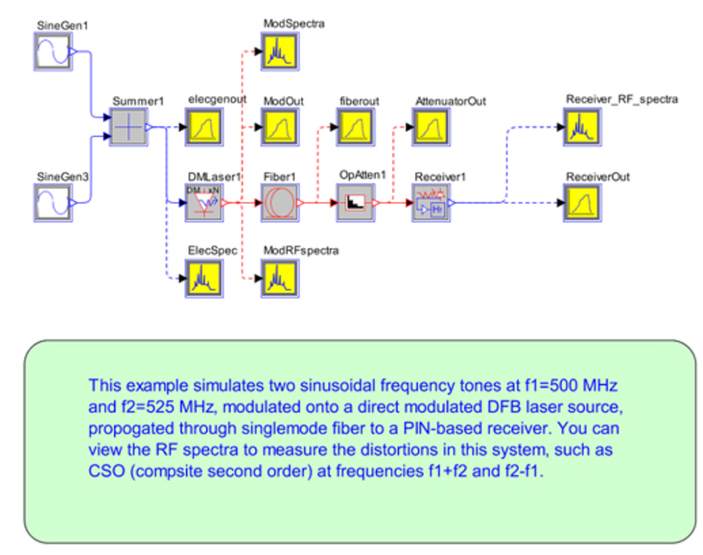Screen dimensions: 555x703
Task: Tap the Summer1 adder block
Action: click(x=128, y=128)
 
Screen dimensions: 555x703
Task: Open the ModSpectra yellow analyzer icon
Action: click(x=279, y=54)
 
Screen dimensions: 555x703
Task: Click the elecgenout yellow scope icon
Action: click(x=202, y=128)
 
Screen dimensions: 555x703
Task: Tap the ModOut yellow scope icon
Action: click(x=279, y=128)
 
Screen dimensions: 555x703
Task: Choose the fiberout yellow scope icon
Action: click(x=356, y=128)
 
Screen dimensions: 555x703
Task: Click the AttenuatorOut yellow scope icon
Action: click(x=431, y=128)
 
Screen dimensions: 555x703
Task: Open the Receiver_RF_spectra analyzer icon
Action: click(x=582, y=128)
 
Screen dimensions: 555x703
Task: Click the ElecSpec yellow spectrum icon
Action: click(x=202, y=277)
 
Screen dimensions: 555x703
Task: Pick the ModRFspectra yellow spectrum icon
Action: click(x=279, y=277)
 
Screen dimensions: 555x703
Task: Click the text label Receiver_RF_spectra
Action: click(x=622, y=100)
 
